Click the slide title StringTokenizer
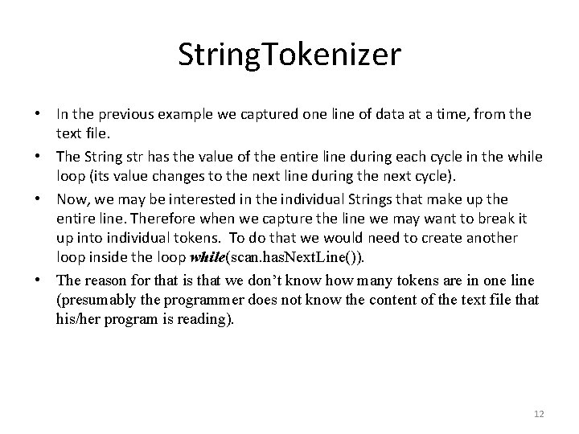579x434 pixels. click(x=289, y=56)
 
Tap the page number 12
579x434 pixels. click(x=539, y=414)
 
